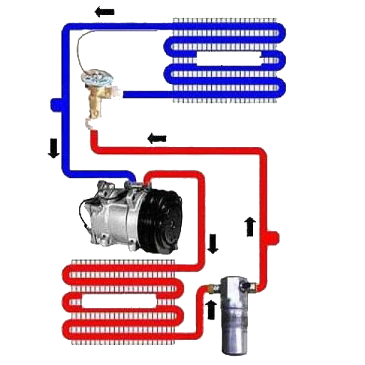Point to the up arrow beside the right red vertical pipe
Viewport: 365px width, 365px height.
249,225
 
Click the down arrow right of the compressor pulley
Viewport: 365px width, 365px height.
213,245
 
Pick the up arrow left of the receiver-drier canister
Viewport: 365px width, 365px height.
211,309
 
